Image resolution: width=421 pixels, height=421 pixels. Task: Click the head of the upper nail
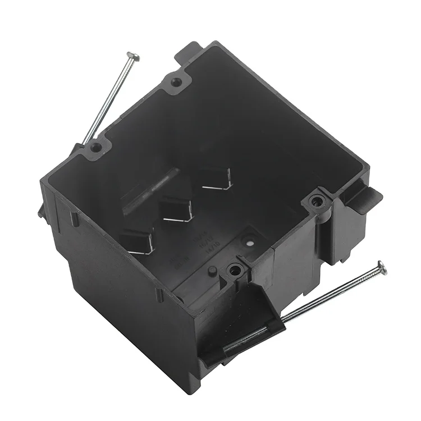coord(133,55)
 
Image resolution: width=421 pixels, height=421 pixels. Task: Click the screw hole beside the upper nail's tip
coord(97,147)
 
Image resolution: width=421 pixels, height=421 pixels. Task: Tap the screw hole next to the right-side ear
coord(318,200)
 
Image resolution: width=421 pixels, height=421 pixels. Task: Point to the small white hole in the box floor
coord(250,244)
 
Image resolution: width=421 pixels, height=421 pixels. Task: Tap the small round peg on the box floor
coord(212,271)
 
